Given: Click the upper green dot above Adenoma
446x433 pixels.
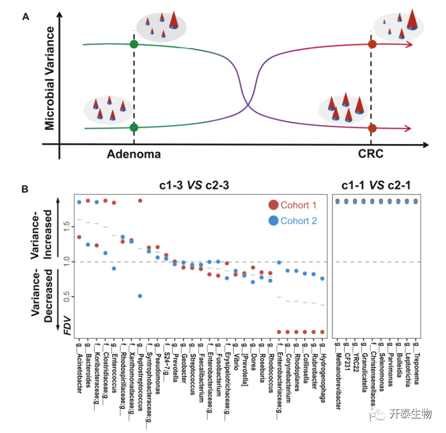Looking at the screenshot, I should coord(133,44).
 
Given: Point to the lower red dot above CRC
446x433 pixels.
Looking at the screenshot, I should coord(372,128).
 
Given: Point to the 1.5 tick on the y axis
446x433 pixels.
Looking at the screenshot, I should coord(67,226).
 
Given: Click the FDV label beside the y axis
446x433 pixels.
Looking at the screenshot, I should coord(68,329).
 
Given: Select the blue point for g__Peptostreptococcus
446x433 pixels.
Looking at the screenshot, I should coord(140,296).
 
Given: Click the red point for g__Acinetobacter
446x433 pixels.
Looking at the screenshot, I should coord(79,237).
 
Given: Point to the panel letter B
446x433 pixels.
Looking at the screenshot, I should coord(25,190).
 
